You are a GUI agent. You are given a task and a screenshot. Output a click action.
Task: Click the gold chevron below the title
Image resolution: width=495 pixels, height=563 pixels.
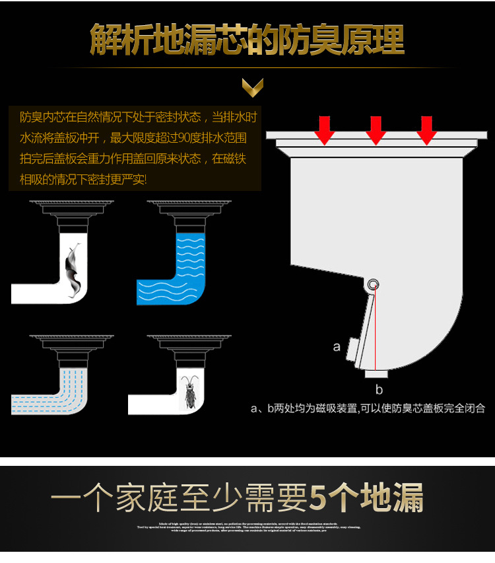pos(252,86)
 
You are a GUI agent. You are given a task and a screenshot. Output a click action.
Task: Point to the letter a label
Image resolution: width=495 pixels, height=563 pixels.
pos(337,346)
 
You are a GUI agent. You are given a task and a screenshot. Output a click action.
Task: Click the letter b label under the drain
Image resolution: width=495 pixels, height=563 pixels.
pos(379,389)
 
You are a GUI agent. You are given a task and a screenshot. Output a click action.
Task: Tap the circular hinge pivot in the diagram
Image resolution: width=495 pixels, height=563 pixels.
pos(374,285)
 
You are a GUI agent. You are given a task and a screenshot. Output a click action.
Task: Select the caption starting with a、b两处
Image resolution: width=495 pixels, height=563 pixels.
pos(368,408)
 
